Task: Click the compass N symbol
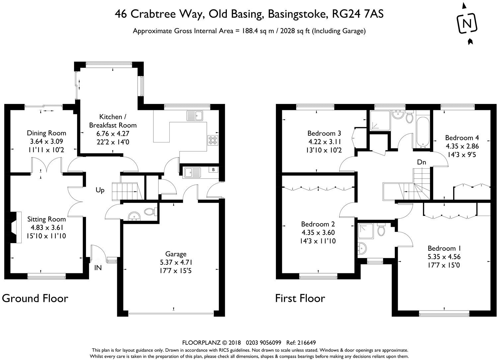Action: [467, 23]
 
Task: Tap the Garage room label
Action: [176, 254]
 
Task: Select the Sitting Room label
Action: [46, 219]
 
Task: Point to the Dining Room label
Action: [46, 133]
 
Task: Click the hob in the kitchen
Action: [213, 140]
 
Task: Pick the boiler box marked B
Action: [213, 170]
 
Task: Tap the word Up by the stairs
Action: [100, 190]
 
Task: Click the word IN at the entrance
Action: [98, 268]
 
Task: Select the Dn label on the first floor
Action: [422, 162]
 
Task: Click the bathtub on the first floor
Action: [423, 132]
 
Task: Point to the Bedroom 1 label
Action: [444, 248]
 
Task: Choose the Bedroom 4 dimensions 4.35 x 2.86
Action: [462, 146]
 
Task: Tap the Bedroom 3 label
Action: [324, 134]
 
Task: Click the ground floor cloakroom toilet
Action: [151, 212]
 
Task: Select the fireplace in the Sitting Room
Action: [14, 227]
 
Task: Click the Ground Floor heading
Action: [35, 299]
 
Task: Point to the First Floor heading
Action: [300, 299]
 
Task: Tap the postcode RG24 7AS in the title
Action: [358, 14]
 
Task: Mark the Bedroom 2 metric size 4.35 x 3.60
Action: [318, 232]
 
